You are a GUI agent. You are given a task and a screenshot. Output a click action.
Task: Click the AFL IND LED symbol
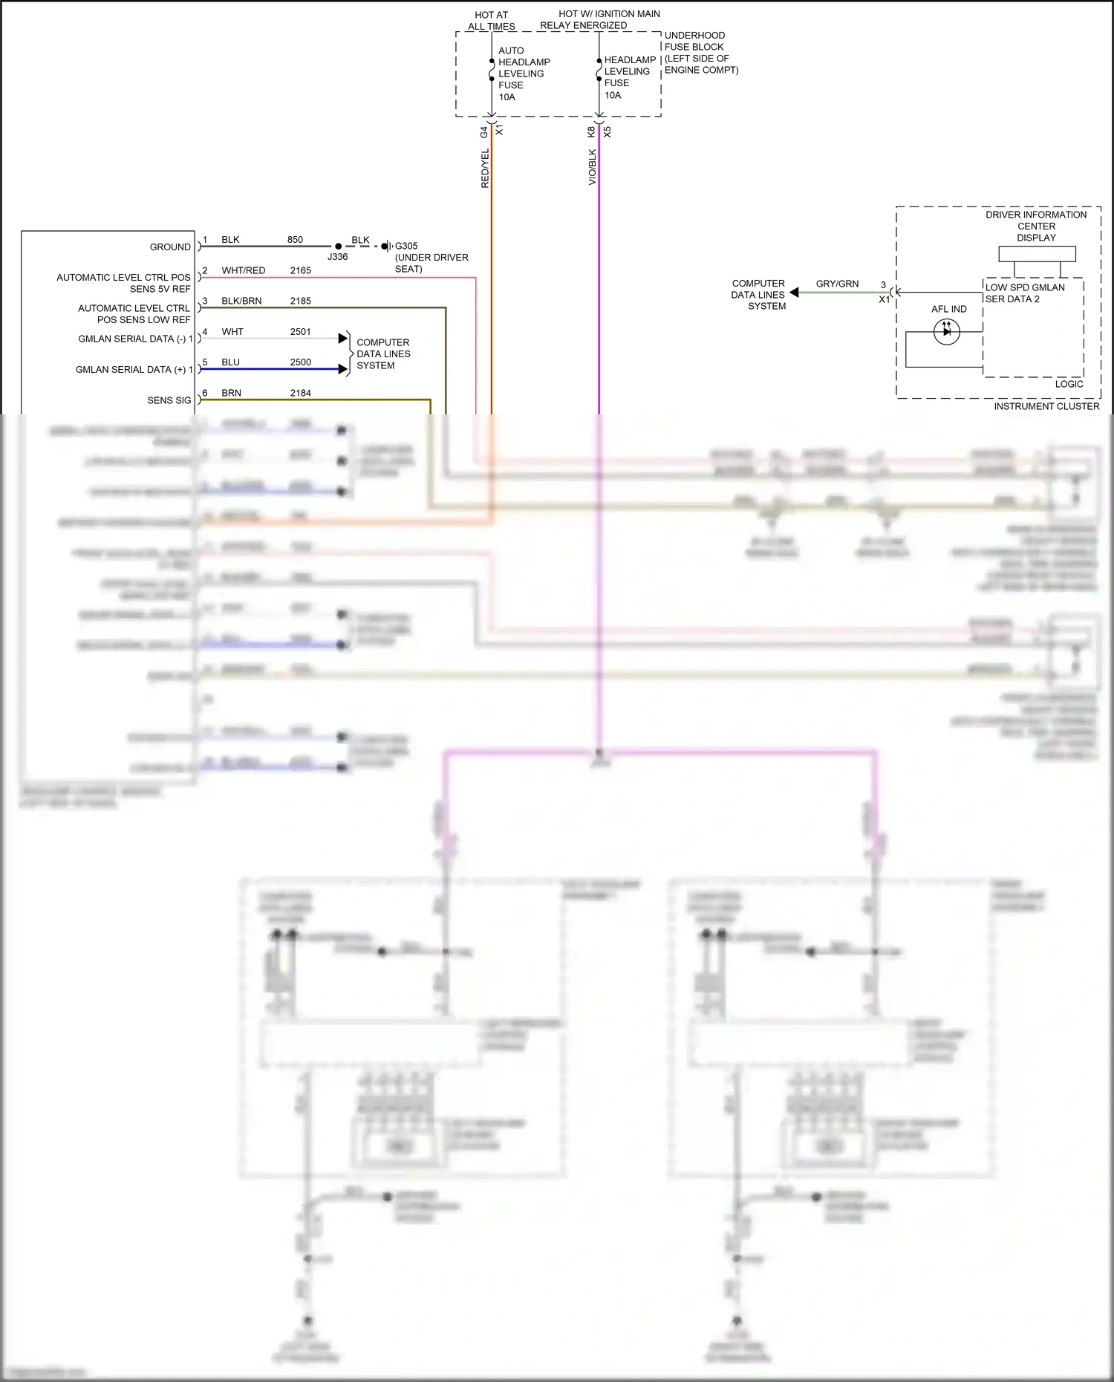[946, 331]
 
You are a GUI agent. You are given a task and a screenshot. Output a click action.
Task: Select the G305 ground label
[406, 246]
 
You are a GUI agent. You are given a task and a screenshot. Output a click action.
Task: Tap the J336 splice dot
[338, 246]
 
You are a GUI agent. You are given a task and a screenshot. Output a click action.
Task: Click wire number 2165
[300, 270]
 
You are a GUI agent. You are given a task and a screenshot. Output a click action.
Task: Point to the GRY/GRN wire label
[837, 284]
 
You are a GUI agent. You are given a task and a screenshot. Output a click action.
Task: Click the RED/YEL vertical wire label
[485, 168]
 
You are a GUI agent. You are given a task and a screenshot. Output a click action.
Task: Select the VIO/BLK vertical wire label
[592, 167]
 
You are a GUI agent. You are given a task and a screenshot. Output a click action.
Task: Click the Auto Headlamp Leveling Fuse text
[523, 74]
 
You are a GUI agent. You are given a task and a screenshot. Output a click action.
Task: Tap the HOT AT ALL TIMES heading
[491, 20]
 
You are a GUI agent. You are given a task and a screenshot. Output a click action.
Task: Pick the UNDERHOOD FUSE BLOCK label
[694, 41]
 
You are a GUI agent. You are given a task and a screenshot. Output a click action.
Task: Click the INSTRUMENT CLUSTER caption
[1046, 406]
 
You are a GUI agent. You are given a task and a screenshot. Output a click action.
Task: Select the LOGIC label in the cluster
[1069, 384]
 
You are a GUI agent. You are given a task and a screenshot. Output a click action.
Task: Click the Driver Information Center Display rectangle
[1037, 254]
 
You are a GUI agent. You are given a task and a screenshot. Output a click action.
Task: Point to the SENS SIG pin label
[169, 400]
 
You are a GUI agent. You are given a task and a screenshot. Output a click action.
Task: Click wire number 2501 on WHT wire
[300, 332]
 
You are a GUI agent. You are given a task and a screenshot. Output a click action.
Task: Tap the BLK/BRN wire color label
[241, 301]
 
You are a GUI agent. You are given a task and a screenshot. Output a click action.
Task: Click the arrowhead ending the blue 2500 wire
[343, 369]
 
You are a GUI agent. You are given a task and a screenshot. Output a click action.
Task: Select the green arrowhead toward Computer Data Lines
[794, 293]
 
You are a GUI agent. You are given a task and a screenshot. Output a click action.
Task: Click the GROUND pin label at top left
[170, 247]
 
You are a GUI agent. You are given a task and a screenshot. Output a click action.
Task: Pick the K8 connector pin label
[591, 131]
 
